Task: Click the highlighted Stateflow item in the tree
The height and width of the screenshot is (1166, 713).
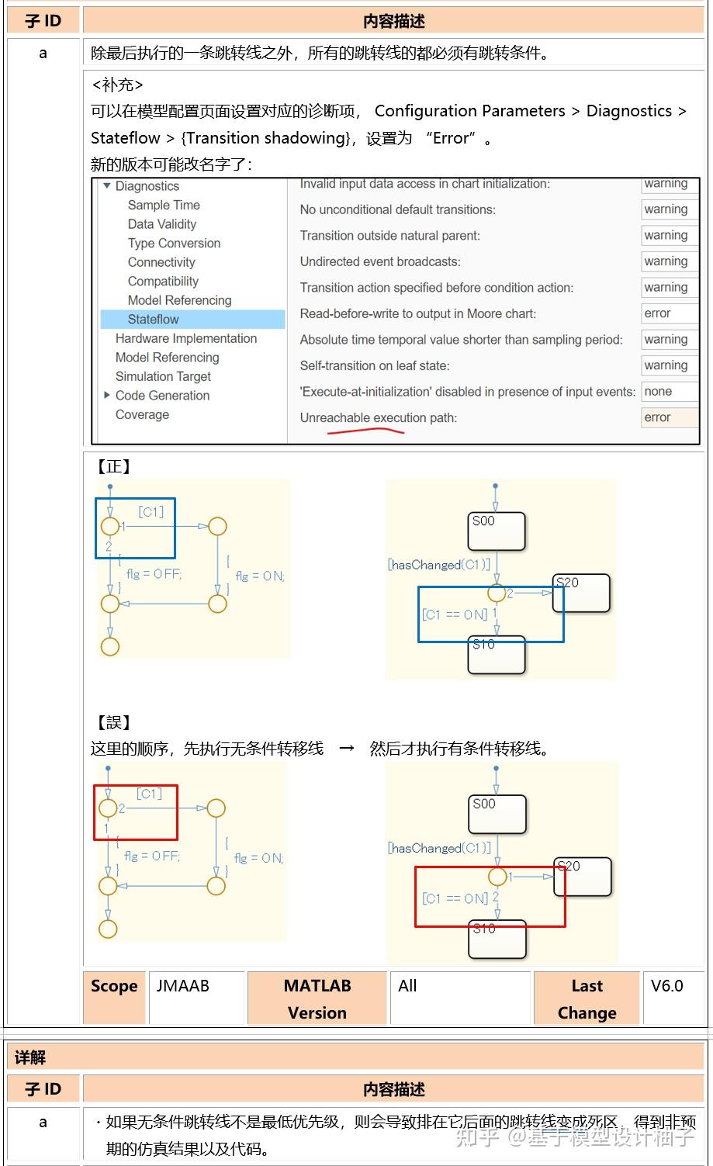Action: pyautogui.click(x=153, y=319)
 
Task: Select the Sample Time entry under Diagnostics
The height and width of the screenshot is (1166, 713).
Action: pyautogui.click(x=164, y=205)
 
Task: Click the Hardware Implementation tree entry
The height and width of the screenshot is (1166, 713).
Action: pyautogui.click(x=185, y=338)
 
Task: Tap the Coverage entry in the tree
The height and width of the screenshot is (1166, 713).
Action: pyautogui.click(x=142, y=414)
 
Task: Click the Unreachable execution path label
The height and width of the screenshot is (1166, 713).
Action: pyautogui.click(x=378, y=417)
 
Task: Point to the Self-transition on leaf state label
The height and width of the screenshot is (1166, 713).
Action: pyautogui.click(x=374, y=365)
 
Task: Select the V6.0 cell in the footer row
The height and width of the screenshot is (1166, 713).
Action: pyautogui.click(x=666, y=986)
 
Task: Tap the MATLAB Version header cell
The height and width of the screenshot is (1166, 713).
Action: pyautogui.click(x=317, y=998)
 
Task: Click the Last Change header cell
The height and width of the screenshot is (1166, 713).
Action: pyautogui.click(x=587, y=998)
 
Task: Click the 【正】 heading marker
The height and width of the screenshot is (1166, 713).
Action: pyautogui.click(x=113, y=466)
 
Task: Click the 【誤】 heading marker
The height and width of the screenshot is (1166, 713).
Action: pyautogui.click(x=113, y=722)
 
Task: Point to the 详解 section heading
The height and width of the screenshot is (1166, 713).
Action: pyautogui.click(x=30, y=1057)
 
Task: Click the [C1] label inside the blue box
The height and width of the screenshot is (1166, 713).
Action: pyautogui.click(x=151, y=511)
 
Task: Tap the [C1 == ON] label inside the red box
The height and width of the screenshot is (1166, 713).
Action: pyautogui.click(x=455, y=898)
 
